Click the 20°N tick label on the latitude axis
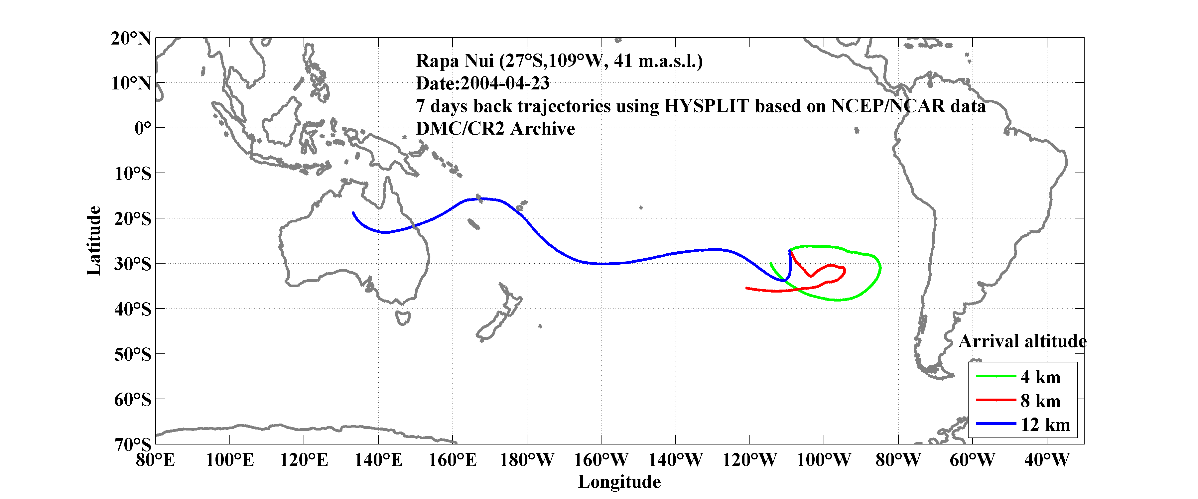pos(131,39)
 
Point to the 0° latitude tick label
pos(142,128)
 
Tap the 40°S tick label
pos(133,309)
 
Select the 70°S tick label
pos(133,444)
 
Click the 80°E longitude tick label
pos(155,460)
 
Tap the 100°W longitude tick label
pos(824,460)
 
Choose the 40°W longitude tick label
pos(1046,460)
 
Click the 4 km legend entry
pos(1040,377)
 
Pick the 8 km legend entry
pos(1040,401)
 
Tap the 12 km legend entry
pos(1045,425)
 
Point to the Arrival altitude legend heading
pos(1022,341)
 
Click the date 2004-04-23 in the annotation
pos(505,84)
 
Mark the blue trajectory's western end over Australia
pos(353,213)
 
